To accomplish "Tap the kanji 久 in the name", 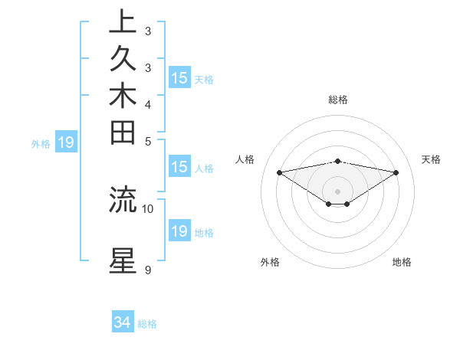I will click(123, 60).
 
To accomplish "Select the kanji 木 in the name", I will click(123, 97).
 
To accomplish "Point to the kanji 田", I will click(123, 133).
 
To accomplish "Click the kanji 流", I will click(123, 199).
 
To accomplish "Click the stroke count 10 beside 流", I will click(148, 208).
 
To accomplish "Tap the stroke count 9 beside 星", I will click(147, 270).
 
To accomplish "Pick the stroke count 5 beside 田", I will click(147, 141).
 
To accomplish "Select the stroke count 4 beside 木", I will click(147, 104).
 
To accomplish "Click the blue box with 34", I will click(123, 323).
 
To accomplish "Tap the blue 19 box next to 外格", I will click(66, 142).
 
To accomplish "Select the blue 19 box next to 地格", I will click(179, 232).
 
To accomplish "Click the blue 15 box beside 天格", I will click(179, 78).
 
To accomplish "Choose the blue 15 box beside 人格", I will click(179, 168).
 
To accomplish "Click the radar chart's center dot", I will click(338, 191).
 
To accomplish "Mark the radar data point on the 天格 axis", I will click(396, 172).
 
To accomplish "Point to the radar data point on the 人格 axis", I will click(280, 172).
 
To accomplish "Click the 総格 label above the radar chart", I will click(338, 100).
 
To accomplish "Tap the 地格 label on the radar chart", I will click(402, 262).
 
